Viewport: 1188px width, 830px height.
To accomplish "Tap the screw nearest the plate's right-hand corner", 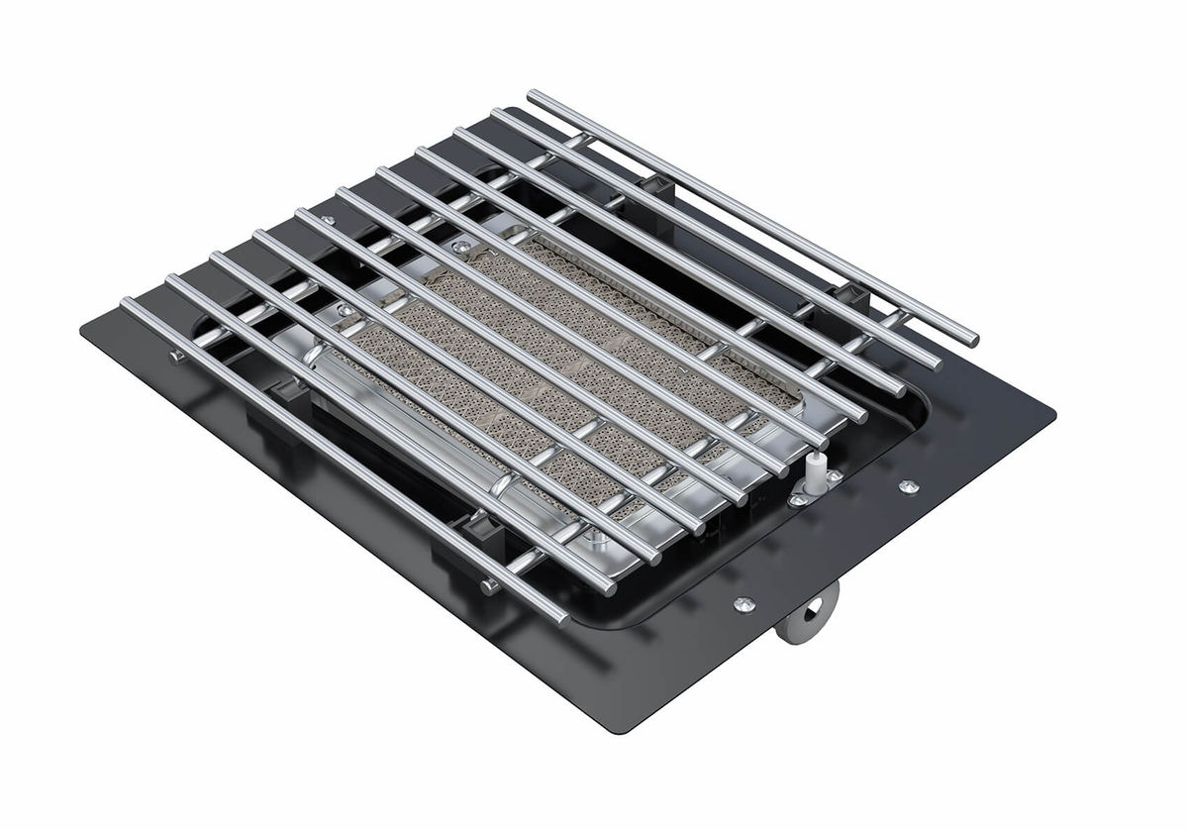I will pyautogui.click(x=907, y=485).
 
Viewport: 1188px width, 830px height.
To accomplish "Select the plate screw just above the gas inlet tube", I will pyautogui.click(x=743, y=602).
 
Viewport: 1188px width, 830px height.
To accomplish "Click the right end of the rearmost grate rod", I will pyautogui.click(x=974, y=340).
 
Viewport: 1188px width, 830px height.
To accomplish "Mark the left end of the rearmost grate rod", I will pyautogui.click(x=533, y=95).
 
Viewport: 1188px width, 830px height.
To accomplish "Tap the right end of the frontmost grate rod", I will pyautogui.click(x=563, y=620).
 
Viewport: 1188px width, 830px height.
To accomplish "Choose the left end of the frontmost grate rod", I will pyautogui.click(x=126, y=303).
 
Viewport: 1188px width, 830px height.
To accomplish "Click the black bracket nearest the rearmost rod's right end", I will pyautogui.click(x=847, y=294).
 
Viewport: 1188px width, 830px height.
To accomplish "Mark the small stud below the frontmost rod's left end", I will pyautogui.click(x=175, y=354).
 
